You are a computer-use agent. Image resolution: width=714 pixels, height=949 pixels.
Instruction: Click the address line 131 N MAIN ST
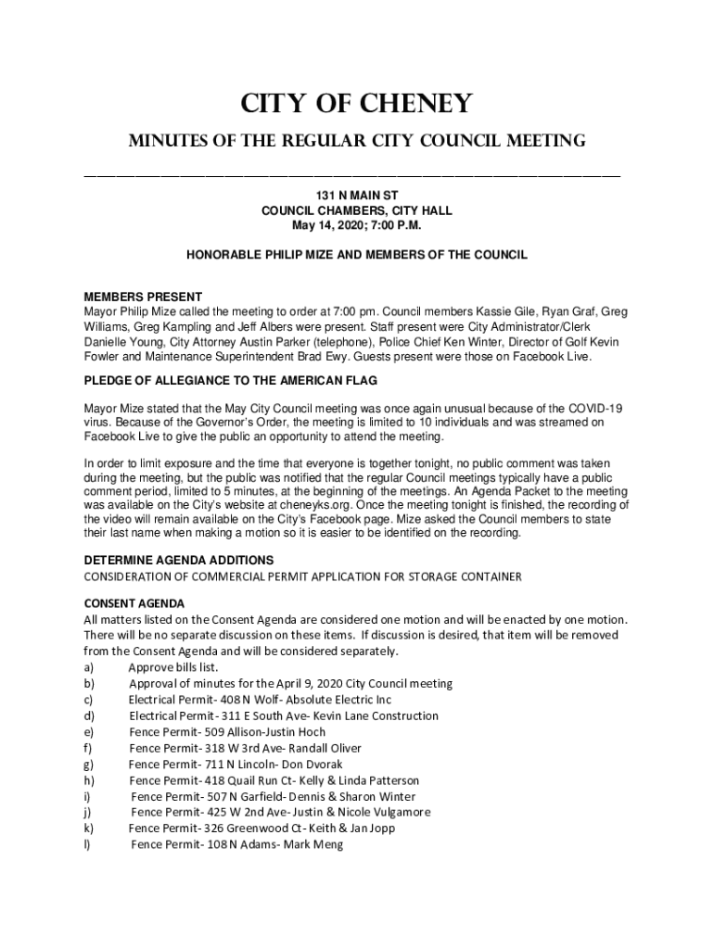pos(356,196)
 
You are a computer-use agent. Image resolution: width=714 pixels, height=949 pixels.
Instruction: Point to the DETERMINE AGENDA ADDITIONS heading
pos(178,560)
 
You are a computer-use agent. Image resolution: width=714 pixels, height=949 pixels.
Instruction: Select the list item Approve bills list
pos(173,667)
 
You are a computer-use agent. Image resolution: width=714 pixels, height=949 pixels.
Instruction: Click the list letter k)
pos(89,829)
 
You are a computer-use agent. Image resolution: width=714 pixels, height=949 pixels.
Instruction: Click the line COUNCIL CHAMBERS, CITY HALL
pos(356,211)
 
